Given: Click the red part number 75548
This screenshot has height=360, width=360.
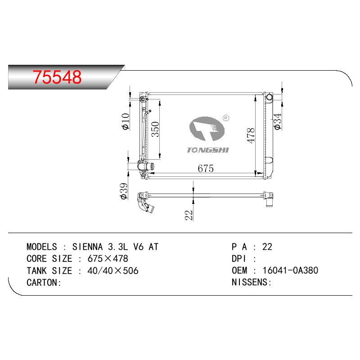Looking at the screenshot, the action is (57, 77).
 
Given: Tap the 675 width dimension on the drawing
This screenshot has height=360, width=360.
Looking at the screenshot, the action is (206, 168).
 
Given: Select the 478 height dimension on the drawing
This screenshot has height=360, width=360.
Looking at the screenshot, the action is (251, 135).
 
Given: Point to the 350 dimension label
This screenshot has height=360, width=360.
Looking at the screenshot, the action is (155, 129).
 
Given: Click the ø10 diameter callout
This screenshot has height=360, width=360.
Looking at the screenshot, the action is (126, 121).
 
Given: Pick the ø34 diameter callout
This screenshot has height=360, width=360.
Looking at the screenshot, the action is (278, 121).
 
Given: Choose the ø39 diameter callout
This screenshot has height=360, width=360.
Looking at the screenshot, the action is (123, 191).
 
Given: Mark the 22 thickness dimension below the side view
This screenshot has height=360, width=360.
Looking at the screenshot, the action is (189, 215).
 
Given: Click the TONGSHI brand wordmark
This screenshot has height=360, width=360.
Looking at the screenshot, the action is (208, 150).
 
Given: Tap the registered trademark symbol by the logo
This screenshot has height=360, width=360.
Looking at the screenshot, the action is (226, 118).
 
